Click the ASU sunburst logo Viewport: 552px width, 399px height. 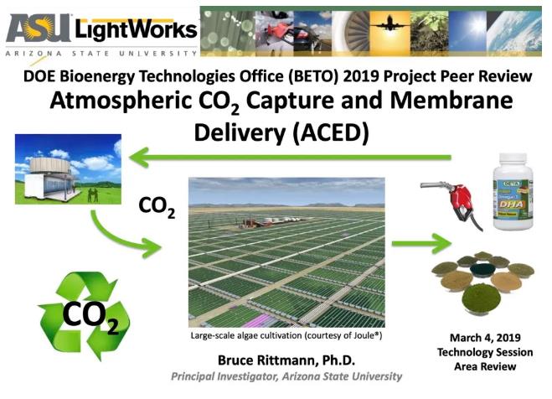[39, 28]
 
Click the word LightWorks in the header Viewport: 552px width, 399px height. [137, 30]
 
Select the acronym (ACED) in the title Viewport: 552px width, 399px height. [331, 132]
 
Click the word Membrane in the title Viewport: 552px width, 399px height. [451, 101]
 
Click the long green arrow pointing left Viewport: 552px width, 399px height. [290, 158]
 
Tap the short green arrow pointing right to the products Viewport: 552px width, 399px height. [421, 243]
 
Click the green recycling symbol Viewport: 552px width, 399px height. [84, 315]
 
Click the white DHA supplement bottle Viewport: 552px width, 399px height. [513, 192]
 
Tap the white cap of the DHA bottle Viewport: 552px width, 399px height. [513, 161]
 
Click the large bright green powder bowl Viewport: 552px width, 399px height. [481, 298]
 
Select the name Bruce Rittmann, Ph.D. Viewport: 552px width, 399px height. [286, 360]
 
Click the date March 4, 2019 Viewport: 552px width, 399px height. [485, 338]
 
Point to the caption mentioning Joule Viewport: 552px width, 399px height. [286, 335]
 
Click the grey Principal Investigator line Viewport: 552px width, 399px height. [286, 376]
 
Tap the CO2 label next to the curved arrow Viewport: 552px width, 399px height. [157, 207]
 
